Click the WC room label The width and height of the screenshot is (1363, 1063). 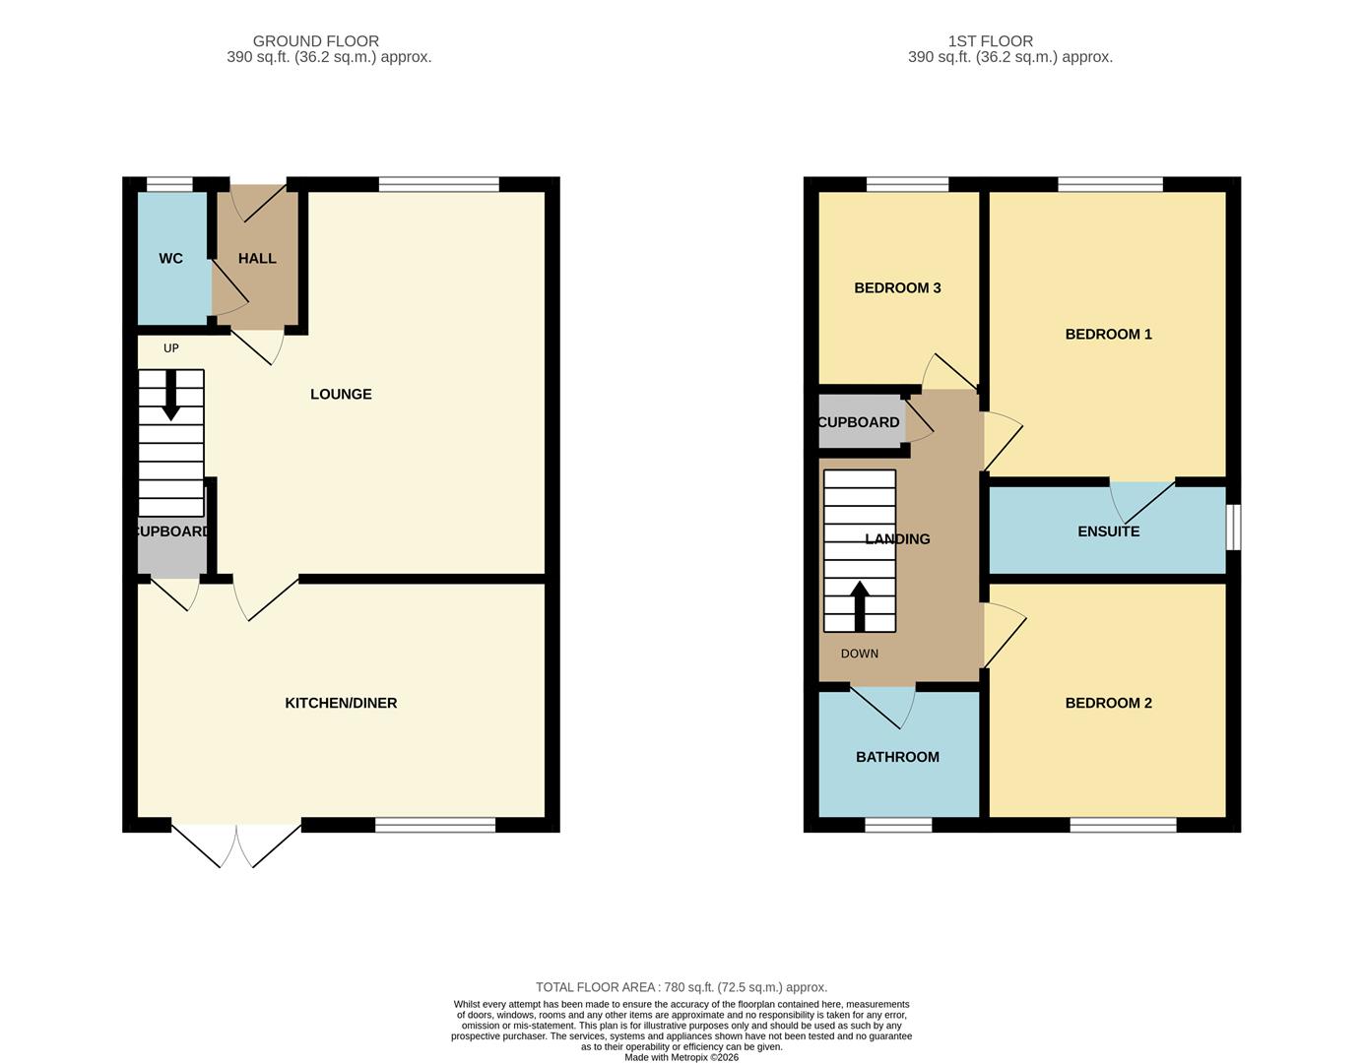click(170, 258)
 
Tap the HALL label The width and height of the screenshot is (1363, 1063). click(257, 258)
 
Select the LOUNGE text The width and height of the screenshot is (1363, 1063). click(341, 394)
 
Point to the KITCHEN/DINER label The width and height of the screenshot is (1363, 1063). click(341, 703)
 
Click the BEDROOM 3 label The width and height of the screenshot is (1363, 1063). click(897, 287)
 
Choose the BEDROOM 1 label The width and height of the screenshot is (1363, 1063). click(1108, 334)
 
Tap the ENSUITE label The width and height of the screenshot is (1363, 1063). click(1108, 531)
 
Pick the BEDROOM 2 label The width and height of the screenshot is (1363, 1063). click(1108, 703)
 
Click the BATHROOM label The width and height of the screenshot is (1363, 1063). click(897, 757)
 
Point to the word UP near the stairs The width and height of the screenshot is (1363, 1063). click(170, 347)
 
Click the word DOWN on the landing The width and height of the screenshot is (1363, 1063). click(860, 654)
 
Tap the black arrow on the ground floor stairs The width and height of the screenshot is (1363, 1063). click(170, 395)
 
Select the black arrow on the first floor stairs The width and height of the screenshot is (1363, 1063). click(860, 606)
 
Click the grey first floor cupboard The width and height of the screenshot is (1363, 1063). click(862, 421)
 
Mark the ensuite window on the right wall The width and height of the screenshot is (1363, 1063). click(1233, 528)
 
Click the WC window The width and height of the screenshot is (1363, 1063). click(169, 184)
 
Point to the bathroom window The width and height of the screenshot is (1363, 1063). click(898, 825)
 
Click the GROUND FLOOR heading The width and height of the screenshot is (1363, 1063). click(315, 41)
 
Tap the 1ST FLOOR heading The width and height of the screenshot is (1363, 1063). click(990, 41)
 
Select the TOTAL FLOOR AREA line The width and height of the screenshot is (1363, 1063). click(681, 987)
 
